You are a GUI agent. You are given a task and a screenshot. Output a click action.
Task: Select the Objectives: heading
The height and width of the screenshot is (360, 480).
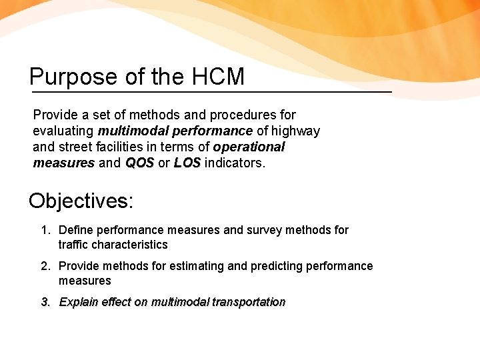click(x=81, y=201)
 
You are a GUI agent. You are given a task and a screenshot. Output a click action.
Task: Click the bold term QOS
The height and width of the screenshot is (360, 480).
click(x=139, y=163)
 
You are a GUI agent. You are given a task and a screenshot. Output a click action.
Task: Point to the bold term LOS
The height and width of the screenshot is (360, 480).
click(x=187, y=163)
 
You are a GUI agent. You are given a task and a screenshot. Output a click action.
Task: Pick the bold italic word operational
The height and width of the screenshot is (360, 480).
click(x=249, y=147)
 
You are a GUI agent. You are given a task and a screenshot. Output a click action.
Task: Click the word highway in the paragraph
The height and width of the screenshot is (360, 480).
click(x=295, y=131)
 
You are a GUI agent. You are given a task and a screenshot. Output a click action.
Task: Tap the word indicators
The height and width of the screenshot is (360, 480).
click(x=235, y=163)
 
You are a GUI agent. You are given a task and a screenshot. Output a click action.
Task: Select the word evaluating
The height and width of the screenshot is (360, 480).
click(x=63, y=131)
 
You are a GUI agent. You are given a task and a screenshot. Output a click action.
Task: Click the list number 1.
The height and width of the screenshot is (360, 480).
click(x=45, y=230)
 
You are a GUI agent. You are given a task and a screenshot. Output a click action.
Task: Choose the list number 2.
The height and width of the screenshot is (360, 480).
click(x=45, y=266)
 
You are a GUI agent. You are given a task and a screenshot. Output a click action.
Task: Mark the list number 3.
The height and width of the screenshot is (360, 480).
click(x=45, y=302)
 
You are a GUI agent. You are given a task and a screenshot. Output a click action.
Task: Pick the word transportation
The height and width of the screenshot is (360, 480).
click(x=249, y=302)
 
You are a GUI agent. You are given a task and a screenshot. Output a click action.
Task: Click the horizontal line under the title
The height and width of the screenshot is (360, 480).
click(x=211, y=91)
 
